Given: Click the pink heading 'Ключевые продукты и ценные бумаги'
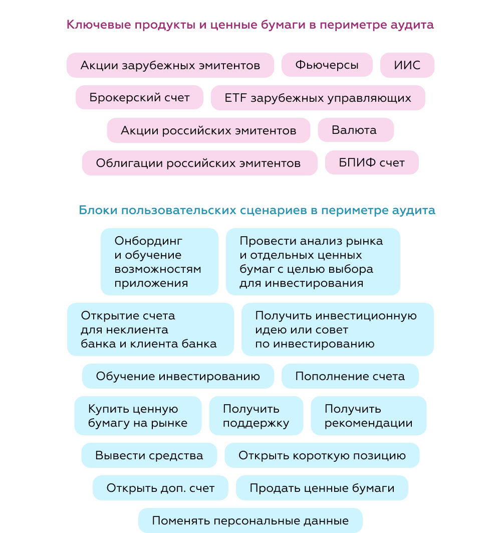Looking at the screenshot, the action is point(186,25).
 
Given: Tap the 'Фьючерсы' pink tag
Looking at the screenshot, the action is point(327,65).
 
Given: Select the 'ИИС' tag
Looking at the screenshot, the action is point(407,65).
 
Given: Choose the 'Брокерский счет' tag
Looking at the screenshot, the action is point(139,98).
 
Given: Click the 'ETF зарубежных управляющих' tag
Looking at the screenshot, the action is point(318,98).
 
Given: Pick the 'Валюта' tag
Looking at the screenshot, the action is point(356,130).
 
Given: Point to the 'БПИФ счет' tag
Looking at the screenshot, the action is point(372,163).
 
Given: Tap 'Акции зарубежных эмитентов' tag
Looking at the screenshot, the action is point(170,65).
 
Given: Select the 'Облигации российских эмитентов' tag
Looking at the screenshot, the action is point(200,163).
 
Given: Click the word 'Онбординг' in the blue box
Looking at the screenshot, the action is point(148,241).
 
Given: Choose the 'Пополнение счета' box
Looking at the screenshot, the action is point(350,376).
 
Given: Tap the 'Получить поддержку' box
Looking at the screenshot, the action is point(256,415).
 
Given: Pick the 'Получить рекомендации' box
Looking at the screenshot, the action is point(369,415).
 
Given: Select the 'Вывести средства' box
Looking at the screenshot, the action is point(149,455).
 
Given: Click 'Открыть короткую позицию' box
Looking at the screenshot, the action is point(322,455).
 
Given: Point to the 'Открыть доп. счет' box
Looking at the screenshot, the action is point(160,488).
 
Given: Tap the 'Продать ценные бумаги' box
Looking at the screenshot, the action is point(322,488).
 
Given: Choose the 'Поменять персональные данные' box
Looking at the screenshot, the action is point(250,520).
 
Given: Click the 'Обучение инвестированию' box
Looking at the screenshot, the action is point(178,376).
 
